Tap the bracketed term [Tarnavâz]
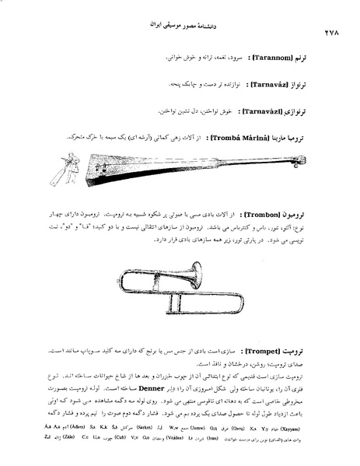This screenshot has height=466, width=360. point(267,83)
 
